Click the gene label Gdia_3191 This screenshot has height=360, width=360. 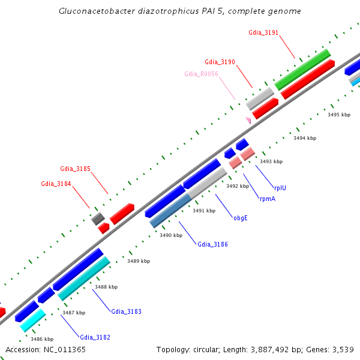point(263,32)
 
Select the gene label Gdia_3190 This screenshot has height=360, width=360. point(220,62)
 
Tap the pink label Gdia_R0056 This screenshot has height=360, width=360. point(202,74)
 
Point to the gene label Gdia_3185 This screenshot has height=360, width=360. point(76,169)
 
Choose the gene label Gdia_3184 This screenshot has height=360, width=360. point(56,184)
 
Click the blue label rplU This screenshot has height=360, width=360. point(280,188)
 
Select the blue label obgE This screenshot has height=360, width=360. point(241,218)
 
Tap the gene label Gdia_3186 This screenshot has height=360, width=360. point(212,244)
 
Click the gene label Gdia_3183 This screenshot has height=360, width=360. point(126,311)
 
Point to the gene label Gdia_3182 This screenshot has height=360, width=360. point(95,337)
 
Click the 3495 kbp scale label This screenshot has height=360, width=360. point(338,114)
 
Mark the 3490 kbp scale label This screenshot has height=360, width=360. point(171,235)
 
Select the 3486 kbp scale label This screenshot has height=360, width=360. point(42,339)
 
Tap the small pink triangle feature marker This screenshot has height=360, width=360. point(248,120)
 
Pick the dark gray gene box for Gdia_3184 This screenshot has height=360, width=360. point(98,218)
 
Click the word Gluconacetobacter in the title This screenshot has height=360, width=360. point(96,11)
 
